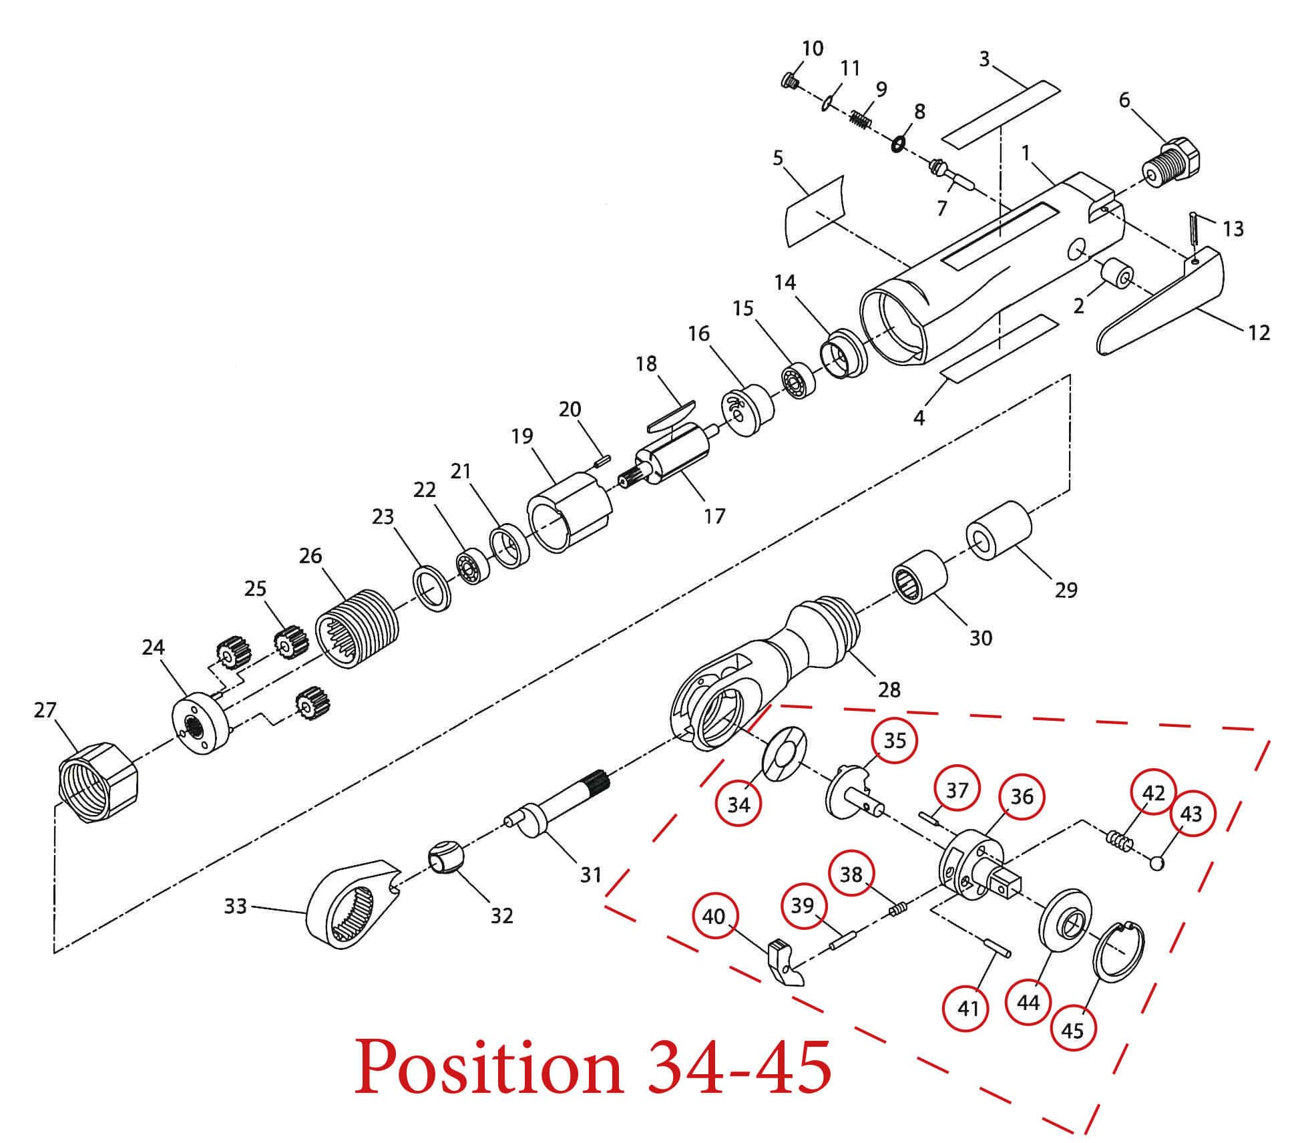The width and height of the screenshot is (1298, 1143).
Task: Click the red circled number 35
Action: (x=895, y=741)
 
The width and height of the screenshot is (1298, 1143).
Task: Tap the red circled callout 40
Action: (x=714, y=917)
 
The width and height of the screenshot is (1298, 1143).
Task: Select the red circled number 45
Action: (x=1072, y=1031)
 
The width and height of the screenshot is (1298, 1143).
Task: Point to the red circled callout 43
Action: (x=1191, y=814)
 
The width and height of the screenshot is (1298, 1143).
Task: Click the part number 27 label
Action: (x=45, y=710)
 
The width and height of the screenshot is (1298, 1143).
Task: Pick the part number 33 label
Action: (x=235, y=906)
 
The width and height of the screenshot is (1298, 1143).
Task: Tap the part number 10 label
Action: (x=813, y=48)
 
